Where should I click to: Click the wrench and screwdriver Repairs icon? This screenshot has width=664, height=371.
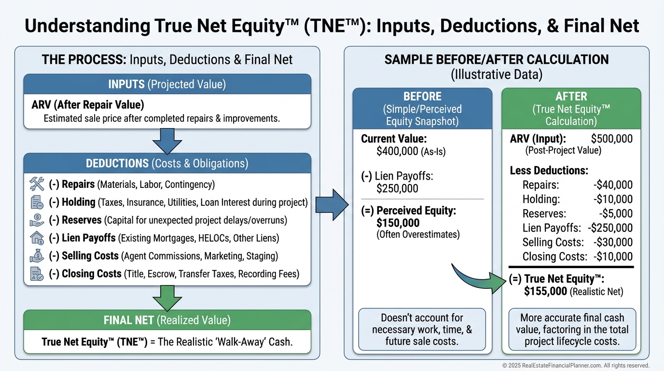pyautogui.click(x=37, y=184)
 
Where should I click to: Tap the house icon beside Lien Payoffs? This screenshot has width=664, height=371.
pyautogui.click(x=37, y=238)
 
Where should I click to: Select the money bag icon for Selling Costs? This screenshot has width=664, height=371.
pyautogui.click(x=37, y=256)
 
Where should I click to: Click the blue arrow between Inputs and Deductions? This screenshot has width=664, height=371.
pyautogui.click(x=167, y=141)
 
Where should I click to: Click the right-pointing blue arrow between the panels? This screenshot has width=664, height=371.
pyautogui.click(x=332, y=205)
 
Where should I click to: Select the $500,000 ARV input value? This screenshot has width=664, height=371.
pyautogui.click(x=611, y=139)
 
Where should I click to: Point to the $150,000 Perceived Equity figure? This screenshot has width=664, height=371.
pyautogui.click(x=398, y=223)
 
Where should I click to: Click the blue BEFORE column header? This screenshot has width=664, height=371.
pyautogui.click(x=422, y=109)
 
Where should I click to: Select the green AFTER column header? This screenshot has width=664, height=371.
pyautogui.click(x=571, y=109)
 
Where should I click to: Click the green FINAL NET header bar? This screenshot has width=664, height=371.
pyautogui.click(x=167, y=320)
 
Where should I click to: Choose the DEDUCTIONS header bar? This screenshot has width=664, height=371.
pyautogui.click(x=167, y=163)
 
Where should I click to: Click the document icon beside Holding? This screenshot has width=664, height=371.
pyautogui.click(x=37, y=202)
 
